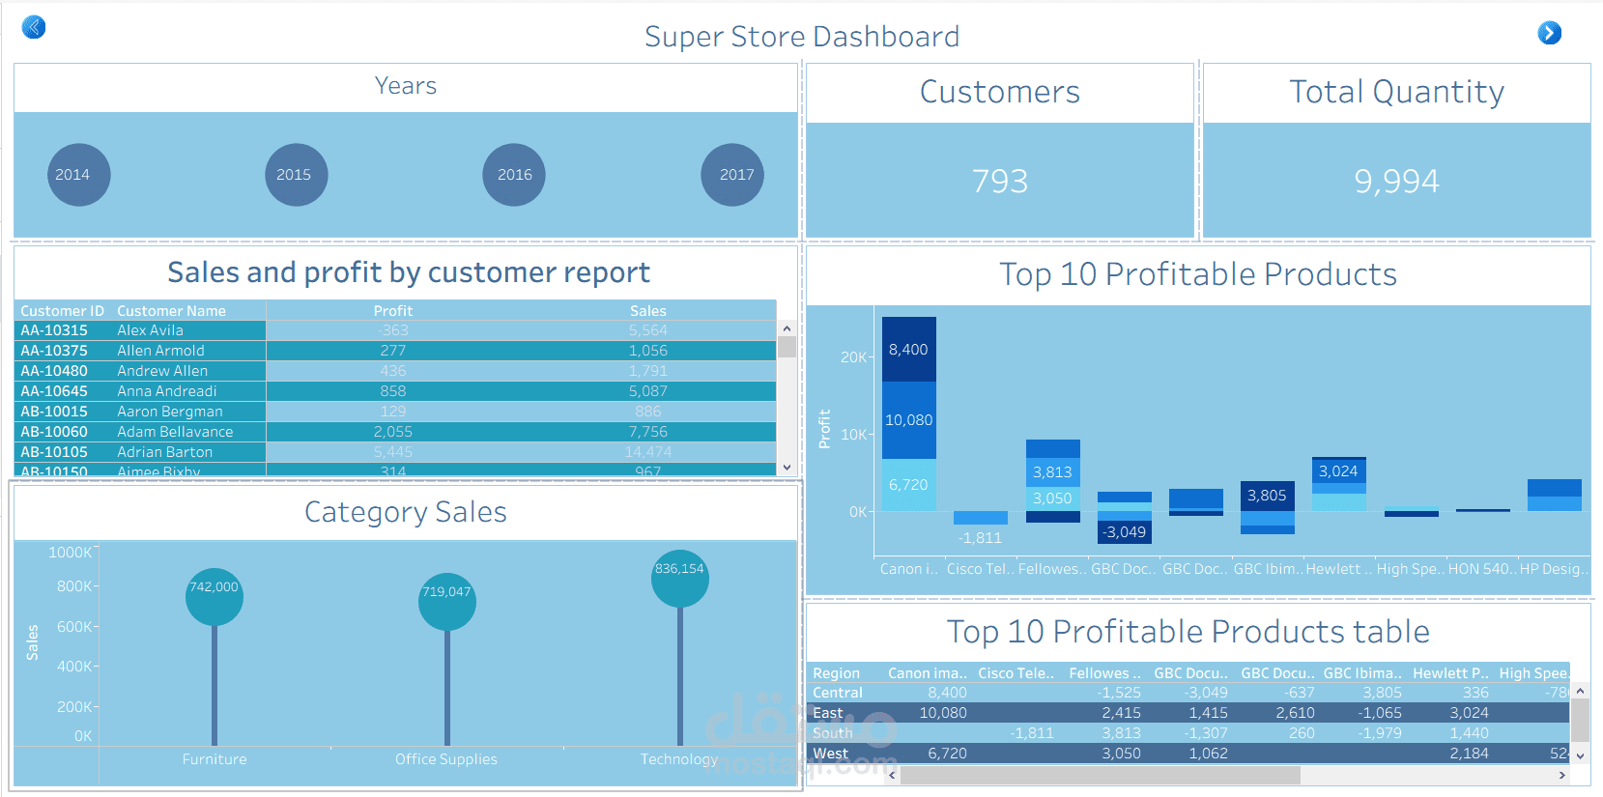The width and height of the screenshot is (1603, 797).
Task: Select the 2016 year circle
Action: (x=514, y=175)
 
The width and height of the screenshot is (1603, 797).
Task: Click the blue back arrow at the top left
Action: (x=34, y=27)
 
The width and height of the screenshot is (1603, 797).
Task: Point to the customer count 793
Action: (x=1000, y=181)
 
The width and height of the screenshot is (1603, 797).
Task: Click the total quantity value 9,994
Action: (x=1396, y=181)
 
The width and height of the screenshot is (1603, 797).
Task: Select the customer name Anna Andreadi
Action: (x=167, y=391)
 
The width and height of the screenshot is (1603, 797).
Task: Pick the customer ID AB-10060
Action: (x=54, y=432)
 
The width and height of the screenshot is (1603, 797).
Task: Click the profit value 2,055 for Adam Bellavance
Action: (x=393, y=432)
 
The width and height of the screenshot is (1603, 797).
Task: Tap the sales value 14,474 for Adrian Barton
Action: (x=647, y=452)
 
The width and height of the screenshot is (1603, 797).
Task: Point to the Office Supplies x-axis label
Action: (x=446, y=759)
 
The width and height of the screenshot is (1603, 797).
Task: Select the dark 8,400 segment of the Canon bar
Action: (x=908, y=350)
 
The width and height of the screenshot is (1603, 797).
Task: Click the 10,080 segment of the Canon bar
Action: (x=908, y=420)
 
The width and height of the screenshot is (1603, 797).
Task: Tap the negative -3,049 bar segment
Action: (x=1125, y=532)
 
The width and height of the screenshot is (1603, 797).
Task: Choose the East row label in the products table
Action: (x=828, y=713)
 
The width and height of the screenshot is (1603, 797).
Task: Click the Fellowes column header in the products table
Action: (x=1104, y=673)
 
